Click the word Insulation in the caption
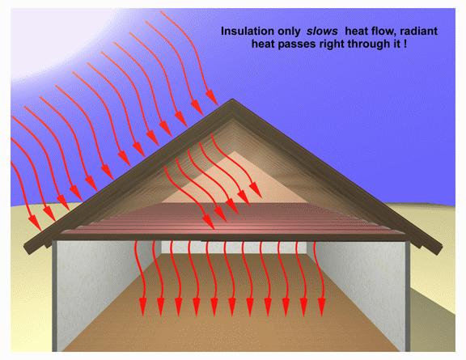coord(248,32)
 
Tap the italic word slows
coord(322,32)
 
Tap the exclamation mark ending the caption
coord(405,44)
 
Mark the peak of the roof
coord(232,100)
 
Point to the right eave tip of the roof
coord(439,249)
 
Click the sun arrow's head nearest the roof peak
coord(212,98)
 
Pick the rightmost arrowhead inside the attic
coord(255,191)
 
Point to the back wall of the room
coord(234,248)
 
